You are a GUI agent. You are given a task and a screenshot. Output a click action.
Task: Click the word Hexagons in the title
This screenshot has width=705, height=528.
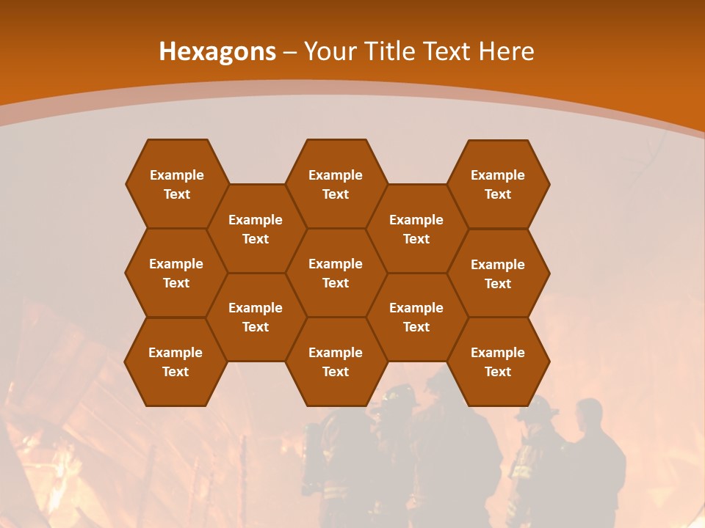217,51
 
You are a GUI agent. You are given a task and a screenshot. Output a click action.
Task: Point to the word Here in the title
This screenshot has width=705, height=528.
506,51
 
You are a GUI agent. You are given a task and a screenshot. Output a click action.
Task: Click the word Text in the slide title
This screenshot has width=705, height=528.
447,51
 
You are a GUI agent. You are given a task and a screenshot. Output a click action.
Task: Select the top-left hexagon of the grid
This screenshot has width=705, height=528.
176,184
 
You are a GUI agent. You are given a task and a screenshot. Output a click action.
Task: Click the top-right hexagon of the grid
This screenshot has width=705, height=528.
498,184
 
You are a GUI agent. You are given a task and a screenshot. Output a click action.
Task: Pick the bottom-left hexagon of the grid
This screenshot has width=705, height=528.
176,362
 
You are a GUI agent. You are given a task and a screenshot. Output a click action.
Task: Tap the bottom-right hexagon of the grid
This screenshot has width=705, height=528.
498,362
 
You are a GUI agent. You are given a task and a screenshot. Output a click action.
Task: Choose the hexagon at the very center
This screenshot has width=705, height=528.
336,273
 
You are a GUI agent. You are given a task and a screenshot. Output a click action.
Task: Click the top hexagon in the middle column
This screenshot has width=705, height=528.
336,184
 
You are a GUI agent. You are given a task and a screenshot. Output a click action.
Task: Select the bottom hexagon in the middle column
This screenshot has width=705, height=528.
336,362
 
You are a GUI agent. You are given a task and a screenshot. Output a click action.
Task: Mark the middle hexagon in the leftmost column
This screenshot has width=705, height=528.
176,273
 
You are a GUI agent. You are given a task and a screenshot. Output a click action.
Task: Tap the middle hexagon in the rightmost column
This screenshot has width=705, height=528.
498,274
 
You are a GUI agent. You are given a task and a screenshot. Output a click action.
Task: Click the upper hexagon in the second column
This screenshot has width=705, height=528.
256,229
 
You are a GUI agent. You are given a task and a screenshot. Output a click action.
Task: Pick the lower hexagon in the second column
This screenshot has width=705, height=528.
256,317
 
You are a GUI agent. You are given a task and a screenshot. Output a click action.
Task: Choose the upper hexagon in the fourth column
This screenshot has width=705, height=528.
416,229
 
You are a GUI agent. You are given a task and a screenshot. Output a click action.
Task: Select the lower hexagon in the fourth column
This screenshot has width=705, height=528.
416,317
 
